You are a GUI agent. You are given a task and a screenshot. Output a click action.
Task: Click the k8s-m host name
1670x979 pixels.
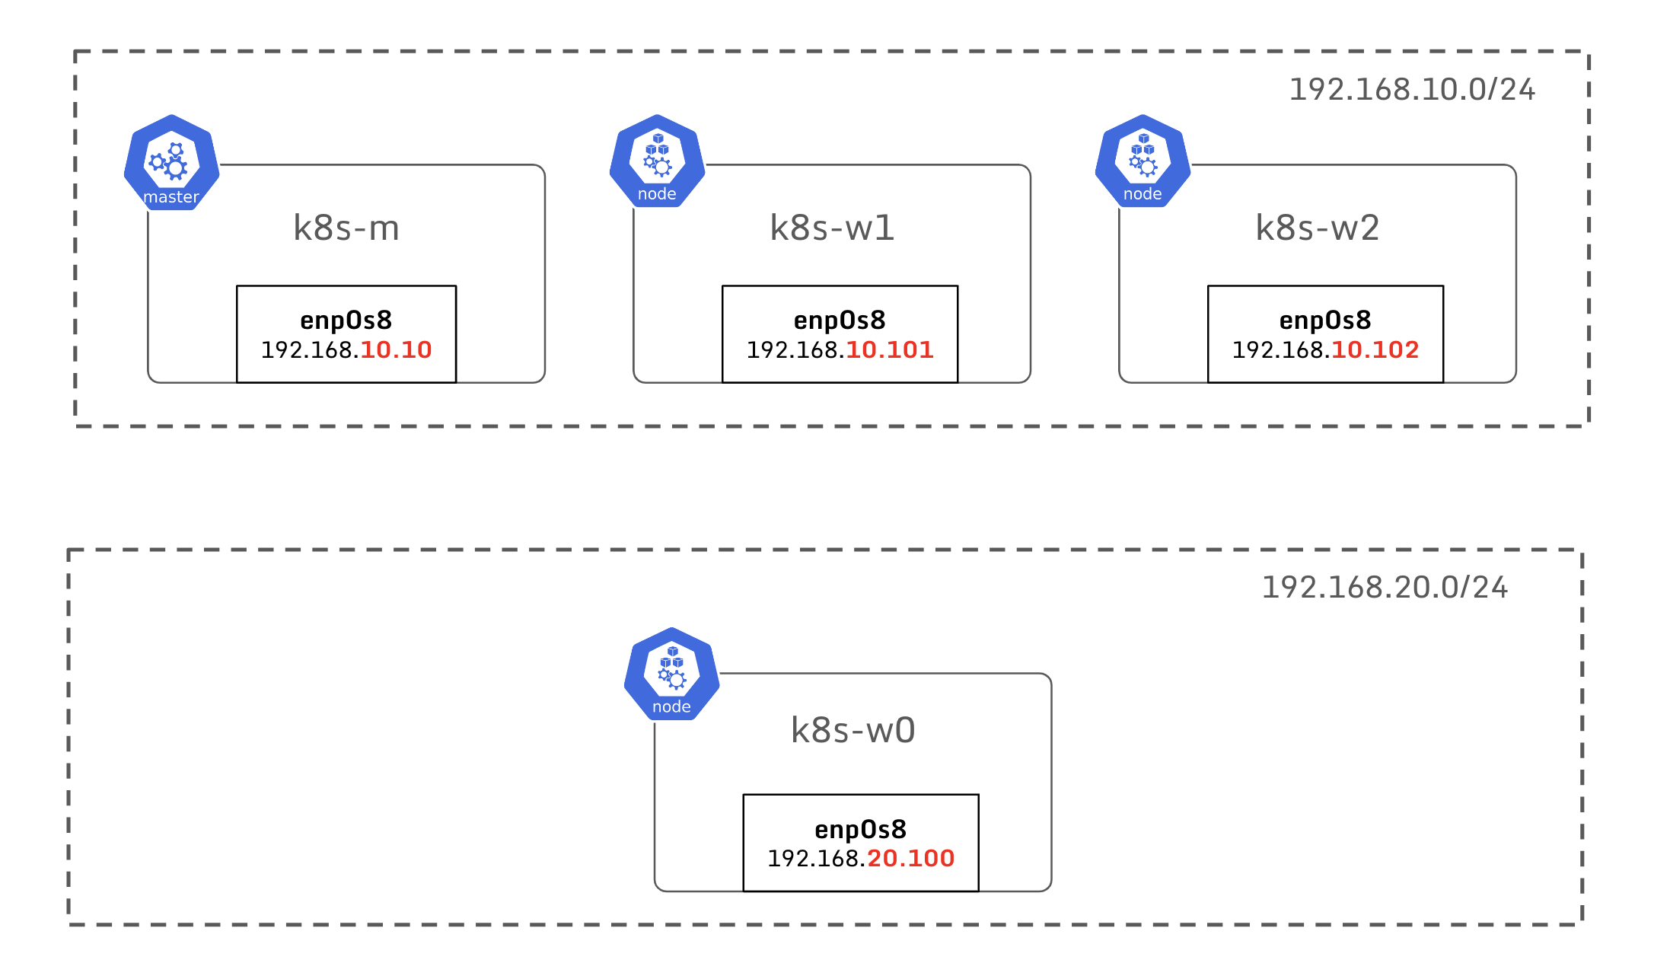(x=346, y=228)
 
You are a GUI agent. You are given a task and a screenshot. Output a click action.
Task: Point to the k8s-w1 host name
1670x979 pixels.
(x=832, y=228)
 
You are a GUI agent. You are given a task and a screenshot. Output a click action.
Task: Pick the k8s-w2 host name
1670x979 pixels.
(x=1318, y=228)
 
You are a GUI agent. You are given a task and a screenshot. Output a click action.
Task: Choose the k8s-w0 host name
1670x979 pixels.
(x=853, y=730)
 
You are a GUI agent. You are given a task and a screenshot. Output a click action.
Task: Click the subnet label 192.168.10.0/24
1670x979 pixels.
(x=1412, y=90)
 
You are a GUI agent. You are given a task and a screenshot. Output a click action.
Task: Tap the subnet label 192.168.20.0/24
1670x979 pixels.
(x=1385, y=588)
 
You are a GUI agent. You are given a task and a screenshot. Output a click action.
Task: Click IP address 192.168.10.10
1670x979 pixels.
(x=346, y=350)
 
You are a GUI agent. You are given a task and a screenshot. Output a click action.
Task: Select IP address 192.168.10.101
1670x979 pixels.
(x=840, y=350)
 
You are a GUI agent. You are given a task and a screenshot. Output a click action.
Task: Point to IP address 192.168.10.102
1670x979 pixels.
(x=1325, y=350)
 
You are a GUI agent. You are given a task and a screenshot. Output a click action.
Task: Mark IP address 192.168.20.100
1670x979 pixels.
(x=861, y=859)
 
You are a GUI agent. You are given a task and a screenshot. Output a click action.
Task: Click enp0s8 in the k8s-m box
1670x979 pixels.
(x=346, y=320)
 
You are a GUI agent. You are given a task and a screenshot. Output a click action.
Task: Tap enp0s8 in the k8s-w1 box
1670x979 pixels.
(x=840, y=320)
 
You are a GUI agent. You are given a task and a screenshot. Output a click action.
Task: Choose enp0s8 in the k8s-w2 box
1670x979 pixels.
(x=1325, y=320)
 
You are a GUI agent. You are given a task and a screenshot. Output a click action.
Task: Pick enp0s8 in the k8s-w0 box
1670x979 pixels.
(x=861, y=829)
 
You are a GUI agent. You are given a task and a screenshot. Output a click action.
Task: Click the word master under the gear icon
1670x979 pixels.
(x=171, y=197)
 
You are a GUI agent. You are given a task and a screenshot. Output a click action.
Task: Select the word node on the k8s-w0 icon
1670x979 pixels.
(x=671, y=707)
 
